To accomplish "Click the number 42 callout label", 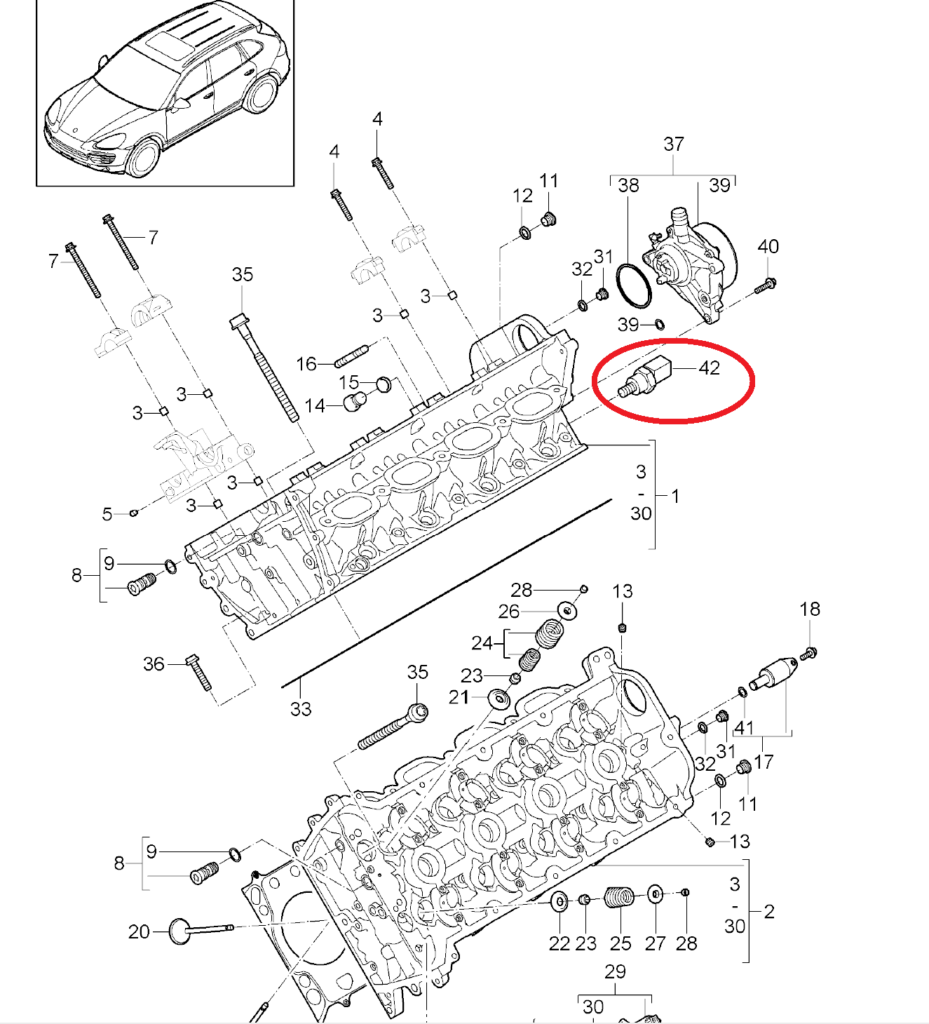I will point(709,368).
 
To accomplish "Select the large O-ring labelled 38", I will point(634,285).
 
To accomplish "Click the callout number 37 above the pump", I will point(673,144).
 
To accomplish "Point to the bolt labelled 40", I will point(765,285).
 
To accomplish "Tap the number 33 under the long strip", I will point(300,709).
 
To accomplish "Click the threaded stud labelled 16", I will point(352,356).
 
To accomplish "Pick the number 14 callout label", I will point(315,405).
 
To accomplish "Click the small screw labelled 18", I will point(808,654).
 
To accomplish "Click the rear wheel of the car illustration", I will point(261,94).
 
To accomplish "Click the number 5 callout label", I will point(107,514).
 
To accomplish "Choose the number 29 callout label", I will point(614,971).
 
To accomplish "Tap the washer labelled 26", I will point(568,611).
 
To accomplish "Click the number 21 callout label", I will point(459,696).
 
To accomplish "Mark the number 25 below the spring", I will point(621,943).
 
